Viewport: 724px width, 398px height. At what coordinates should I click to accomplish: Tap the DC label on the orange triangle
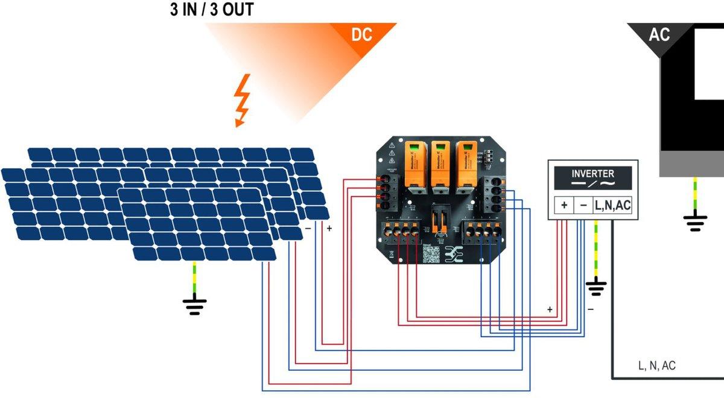pyautogui.click(x=362, y=35)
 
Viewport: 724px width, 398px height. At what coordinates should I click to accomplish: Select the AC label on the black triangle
pyautogui.click(x=659, y=35)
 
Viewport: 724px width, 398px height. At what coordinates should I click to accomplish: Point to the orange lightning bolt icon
pyautogui.click(x=242, y=100)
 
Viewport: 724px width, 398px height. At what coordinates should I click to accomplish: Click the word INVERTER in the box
pyautogui.click(x=592, y=174)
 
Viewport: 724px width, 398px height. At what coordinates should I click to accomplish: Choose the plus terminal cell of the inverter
pyautogui.click(x=564, y=205)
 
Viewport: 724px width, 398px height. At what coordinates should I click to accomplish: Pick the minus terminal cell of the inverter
pyautogui.click(x=583, y=205)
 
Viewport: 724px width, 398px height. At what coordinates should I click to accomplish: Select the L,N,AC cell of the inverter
pyautogui.click(x=612, y=205)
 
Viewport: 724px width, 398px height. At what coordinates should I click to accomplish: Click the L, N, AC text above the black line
pyautogui.click(x=657, y=365)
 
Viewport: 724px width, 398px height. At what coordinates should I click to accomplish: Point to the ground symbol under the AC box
pyautogui.click(x=695, y=222)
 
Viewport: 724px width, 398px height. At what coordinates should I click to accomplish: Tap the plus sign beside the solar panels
pyautogui.click(x=329, y=229)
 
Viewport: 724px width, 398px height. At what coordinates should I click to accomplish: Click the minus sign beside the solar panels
pyautogui.click(x=308, y=229)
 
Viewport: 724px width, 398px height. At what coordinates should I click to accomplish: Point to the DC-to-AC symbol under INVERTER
pyautogui.click(x=592, y=183)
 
